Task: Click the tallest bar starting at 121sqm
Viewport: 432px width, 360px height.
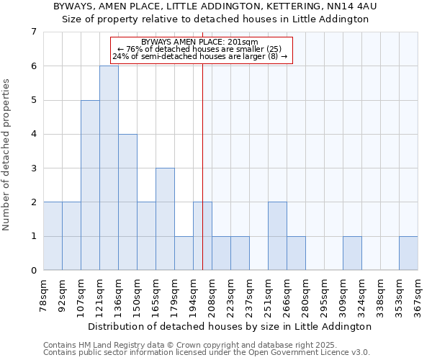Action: pos(109,168)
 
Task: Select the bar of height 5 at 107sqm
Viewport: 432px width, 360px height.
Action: pos(90,185)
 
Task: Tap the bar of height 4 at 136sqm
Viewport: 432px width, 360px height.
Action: pos(127,202)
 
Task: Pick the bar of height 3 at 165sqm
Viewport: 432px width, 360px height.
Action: pos(165,219)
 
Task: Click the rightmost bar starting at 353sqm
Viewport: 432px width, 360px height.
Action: pos(408,253)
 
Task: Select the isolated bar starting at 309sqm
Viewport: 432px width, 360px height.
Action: pos(352,253)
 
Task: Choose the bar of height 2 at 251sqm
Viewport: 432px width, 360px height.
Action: pos(277,236)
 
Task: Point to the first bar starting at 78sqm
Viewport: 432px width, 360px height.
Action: pos(53,236)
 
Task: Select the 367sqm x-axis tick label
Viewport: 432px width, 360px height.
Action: pos(418,294)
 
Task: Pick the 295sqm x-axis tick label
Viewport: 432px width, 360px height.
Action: pos(325,294)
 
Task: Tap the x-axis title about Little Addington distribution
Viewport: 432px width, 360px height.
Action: pos(230,326)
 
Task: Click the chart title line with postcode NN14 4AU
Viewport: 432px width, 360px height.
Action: pos(215,6)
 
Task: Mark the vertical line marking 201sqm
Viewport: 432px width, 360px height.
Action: pos(202,166)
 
